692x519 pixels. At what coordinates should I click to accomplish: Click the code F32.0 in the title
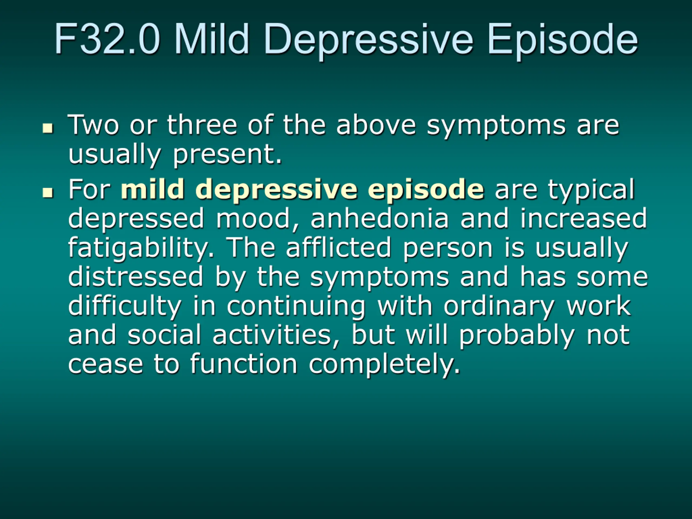point(107,39)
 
